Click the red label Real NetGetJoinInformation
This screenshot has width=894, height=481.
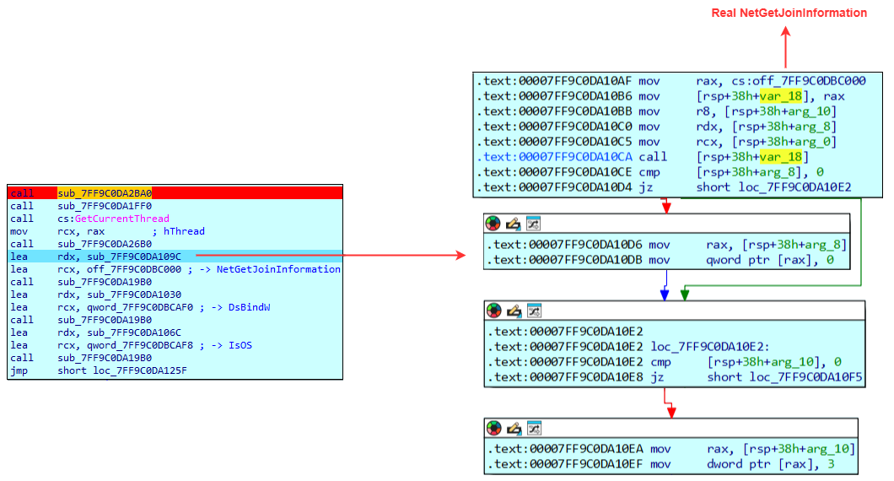point(789,13)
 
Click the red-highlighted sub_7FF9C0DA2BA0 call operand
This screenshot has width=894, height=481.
point(105,193)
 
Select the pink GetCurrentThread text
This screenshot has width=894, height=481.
point(121,219)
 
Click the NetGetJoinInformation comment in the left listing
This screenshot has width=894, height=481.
point(278,269)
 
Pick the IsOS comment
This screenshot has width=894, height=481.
point(240,345)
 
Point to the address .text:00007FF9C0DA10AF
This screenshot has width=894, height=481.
point(554,81)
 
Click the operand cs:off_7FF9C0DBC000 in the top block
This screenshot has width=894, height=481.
point(780,81)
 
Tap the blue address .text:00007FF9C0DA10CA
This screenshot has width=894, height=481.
point(554,157)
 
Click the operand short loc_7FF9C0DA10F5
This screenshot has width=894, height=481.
point(784,376)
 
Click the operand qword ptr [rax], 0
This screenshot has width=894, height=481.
point(767,260)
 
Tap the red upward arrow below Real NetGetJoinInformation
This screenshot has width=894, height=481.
point(785,46)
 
